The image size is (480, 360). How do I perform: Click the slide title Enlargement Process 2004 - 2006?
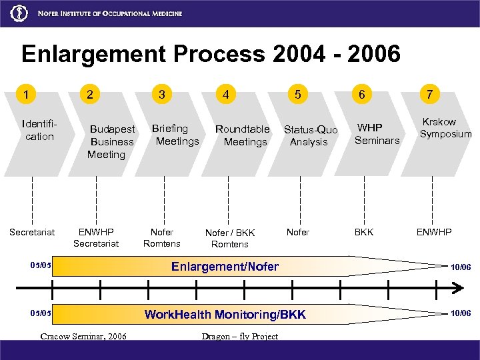(x=211, y=54)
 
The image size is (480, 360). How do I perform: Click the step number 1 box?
(x=26, y=95)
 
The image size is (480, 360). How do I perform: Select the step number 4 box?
(x=226, y=95)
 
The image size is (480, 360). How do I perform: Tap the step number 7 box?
(x=430, y=95)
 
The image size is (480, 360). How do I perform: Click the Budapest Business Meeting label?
(x=111, y=141)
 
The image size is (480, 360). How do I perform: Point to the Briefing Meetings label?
(x=176, y=135)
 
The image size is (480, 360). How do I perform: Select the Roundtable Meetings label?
(x=243, y=135)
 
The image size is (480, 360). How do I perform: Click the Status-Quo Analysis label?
(x=310, y=135)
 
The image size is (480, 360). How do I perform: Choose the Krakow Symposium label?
(x=445, y=128)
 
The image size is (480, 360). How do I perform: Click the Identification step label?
(x=39, y=129)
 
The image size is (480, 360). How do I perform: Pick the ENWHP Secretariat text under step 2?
(x=96, y=238)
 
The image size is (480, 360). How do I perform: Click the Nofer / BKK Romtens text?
(x=229, y=239)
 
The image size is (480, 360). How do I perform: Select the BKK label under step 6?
(x=364, y=232)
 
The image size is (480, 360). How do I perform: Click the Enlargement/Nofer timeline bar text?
(x=225, y=267)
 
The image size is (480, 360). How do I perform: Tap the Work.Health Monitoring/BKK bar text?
(x=225, y=314)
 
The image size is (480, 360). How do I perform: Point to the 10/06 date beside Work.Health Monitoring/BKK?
(x=461, y=313)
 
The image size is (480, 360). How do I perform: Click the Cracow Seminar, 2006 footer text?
(x=83, y=336)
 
